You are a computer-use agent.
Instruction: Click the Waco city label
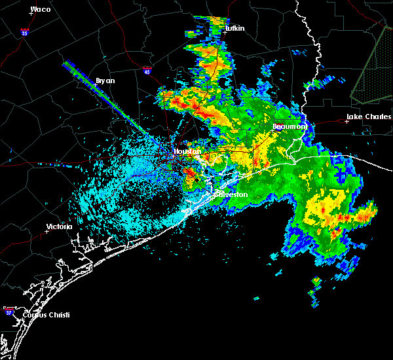[x=41, y=9]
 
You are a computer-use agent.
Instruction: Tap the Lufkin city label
[x=234, y=29]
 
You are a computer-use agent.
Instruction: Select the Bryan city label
[x=105, y=81]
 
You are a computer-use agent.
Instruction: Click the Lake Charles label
[x=366, y=117]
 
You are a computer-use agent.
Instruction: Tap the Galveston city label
[x=233, y=194]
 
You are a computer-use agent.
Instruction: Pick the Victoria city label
[x=58, y=227]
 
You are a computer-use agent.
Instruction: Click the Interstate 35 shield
[x=24, y=31]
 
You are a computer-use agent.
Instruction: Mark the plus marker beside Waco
[x=30, y=14]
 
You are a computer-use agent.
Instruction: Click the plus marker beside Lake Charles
[x=346, y=121]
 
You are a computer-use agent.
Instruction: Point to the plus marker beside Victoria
[x=47, y=231]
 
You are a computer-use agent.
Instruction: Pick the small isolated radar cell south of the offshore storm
[x=316, y=281]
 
